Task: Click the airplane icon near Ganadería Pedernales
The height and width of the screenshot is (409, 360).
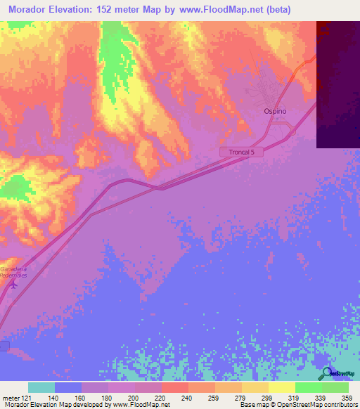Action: (x=12, y=286)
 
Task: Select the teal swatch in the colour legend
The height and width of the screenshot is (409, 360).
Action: (x=41, y=387)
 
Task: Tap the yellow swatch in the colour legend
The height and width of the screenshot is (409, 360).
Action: (x=282, y=387)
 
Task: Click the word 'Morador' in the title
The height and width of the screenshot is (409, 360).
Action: (x=30, y=11)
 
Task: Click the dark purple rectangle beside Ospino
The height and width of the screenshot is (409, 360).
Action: (x=337, y=84)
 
